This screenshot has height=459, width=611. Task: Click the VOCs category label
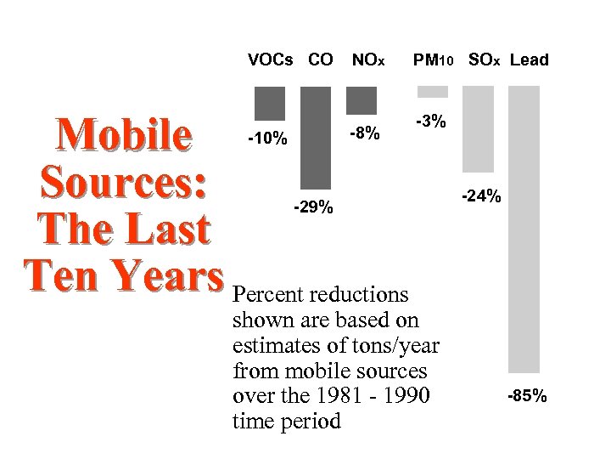click(270, 60)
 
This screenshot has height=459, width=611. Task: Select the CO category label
click(320, 60)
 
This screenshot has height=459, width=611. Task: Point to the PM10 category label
click(434, 60)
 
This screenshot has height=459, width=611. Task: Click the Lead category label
click(530, 60)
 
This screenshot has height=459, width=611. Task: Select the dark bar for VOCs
click(270, 103)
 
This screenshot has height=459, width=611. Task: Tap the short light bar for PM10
click(433, 91)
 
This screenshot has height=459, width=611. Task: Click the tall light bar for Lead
click(523, 229)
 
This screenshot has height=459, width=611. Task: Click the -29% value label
click(313, 207)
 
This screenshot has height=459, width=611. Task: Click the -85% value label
click(527, 396)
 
